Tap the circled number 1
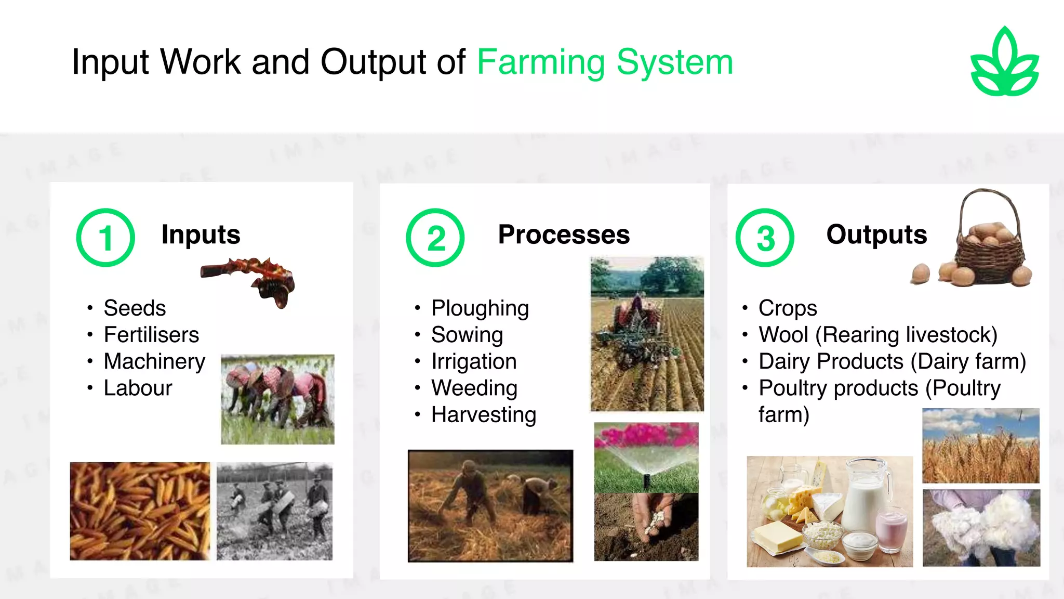105,238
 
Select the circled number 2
435,238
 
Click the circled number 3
765,238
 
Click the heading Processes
564,235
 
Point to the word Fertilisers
151,335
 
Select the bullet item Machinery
154,361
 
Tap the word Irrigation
474,361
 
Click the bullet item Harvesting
484,415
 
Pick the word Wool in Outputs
783,335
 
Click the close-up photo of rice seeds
140,511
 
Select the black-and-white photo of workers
274,511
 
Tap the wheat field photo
980,446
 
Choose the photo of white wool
981,527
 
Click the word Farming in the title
540,62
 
